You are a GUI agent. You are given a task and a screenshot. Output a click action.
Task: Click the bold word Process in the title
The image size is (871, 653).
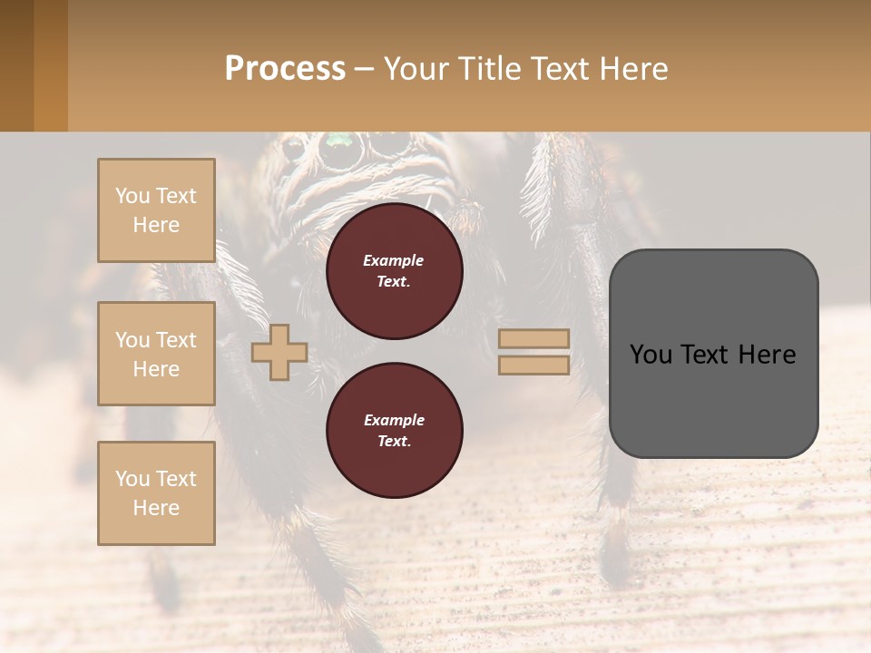(x=285, y=69)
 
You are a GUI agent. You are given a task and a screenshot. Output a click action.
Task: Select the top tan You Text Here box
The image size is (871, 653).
(x=156, y=210)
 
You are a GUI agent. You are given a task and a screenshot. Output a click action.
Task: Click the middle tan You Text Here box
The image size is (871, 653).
(x=156, y=354)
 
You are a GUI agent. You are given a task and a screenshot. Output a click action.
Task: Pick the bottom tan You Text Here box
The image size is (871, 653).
(x=156, y=492)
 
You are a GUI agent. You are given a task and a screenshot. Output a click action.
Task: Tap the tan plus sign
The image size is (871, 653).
(x=279, y=352)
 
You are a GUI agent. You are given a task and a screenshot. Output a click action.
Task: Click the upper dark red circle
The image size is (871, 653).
(x=394, y=271)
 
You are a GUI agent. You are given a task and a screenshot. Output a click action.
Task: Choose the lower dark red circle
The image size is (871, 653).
(x=394, y=431)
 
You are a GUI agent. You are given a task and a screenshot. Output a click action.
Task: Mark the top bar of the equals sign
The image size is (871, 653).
(x=533, y=338)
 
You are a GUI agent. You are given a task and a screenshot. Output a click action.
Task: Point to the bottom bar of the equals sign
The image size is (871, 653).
(x=533, y=365)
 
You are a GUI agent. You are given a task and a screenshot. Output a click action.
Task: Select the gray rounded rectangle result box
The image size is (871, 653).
(x=713, y=354)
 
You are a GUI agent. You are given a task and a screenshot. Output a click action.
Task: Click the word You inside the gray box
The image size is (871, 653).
(x=650, y=355)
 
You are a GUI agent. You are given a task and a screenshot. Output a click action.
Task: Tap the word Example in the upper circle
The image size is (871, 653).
(x=393, y=260)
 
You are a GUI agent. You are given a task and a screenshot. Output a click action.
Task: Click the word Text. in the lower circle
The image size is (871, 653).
(x=393, y=442)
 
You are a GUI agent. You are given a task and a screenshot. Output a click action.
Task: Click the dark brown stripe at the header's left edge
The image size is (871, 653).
(x=16, y=65)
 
